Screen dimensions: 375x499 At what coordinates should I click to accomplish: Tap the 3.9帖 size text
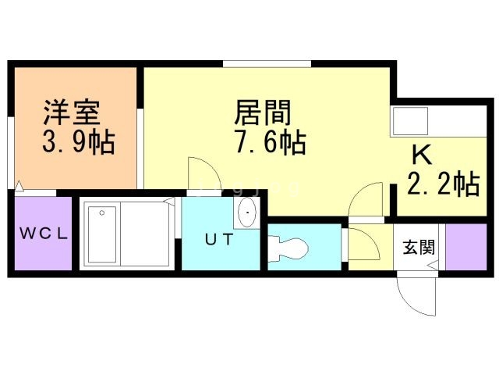[x=78, y=142]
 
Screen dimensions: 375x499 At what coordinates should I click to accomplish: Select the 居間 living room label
[x=263, y=114]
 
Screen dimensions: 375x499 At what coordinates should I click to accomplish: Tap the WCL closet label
[x=44, y=233]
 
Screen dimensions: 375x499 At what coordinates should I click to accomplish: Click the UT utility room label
[x=218, y=240]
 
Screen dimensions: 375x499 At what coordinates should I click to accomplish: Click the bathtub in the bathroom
[x=101, y=234]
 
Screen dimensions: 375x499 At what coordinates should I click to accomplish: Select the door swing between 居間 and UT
[x=199, y=173]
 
